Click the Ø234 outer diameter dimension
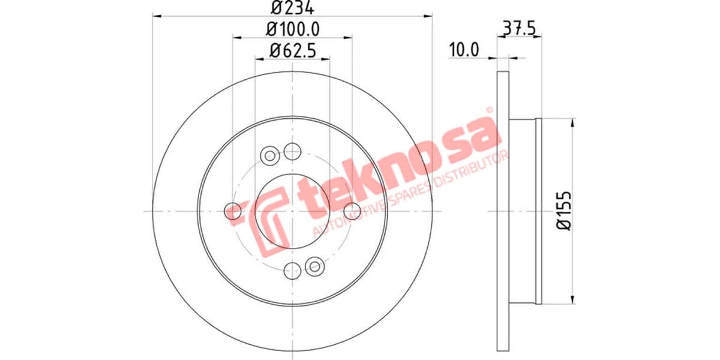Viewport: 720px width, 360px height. point(292,8)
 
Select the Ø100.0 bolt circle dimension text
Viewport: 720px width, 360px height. point(292,28)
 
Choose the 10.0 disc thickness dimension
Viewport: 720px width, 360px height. point(464,50)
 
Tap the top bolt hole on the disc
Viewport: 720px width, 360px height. point(292,151)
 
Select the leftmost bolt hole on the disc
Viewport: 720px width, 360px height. point(232,211)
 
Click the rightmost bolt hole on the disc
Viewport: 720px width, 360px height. point(352,211)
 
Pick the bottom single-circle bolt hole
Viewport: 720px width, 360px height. point(292,270)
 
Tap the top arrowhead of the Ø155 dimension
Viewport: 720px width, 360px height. point(574,122)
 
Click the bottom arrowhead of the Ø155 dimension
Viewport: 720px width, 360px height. point(574,299)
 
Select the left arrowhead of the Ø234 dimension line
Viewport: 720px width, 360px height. point(157,17)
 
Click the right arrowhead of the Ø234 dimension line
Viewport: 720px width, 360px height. point(428,17)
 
